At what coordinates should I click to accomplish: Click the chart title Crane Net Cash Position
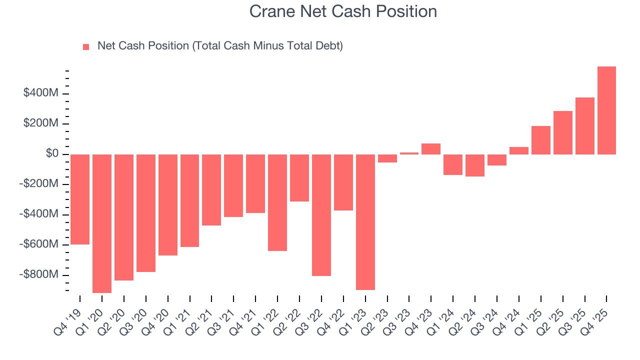pos(343,11)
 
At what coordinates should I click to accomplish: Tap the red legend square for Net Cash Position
pos(86,46)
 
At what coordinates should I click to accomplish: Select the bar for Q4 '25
pos(606,110)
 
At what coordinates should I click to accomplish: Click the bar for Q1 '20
pos(102,223)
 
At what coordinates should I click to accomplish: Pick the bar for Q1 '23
pos(365,222)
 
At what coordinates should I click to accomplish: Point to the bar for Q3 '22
pos(321,215)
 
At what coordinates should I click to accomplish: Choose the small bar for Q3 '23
pos(409,153)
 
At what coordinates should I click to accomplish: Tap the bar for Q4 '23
pos(431,149)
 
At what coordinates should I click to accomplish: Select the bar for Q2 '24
pos(475,165)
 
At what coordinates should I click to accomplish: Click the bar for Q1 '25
pos(541,140)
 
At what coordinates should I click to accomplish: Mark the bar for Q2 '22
pos(299,178)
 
